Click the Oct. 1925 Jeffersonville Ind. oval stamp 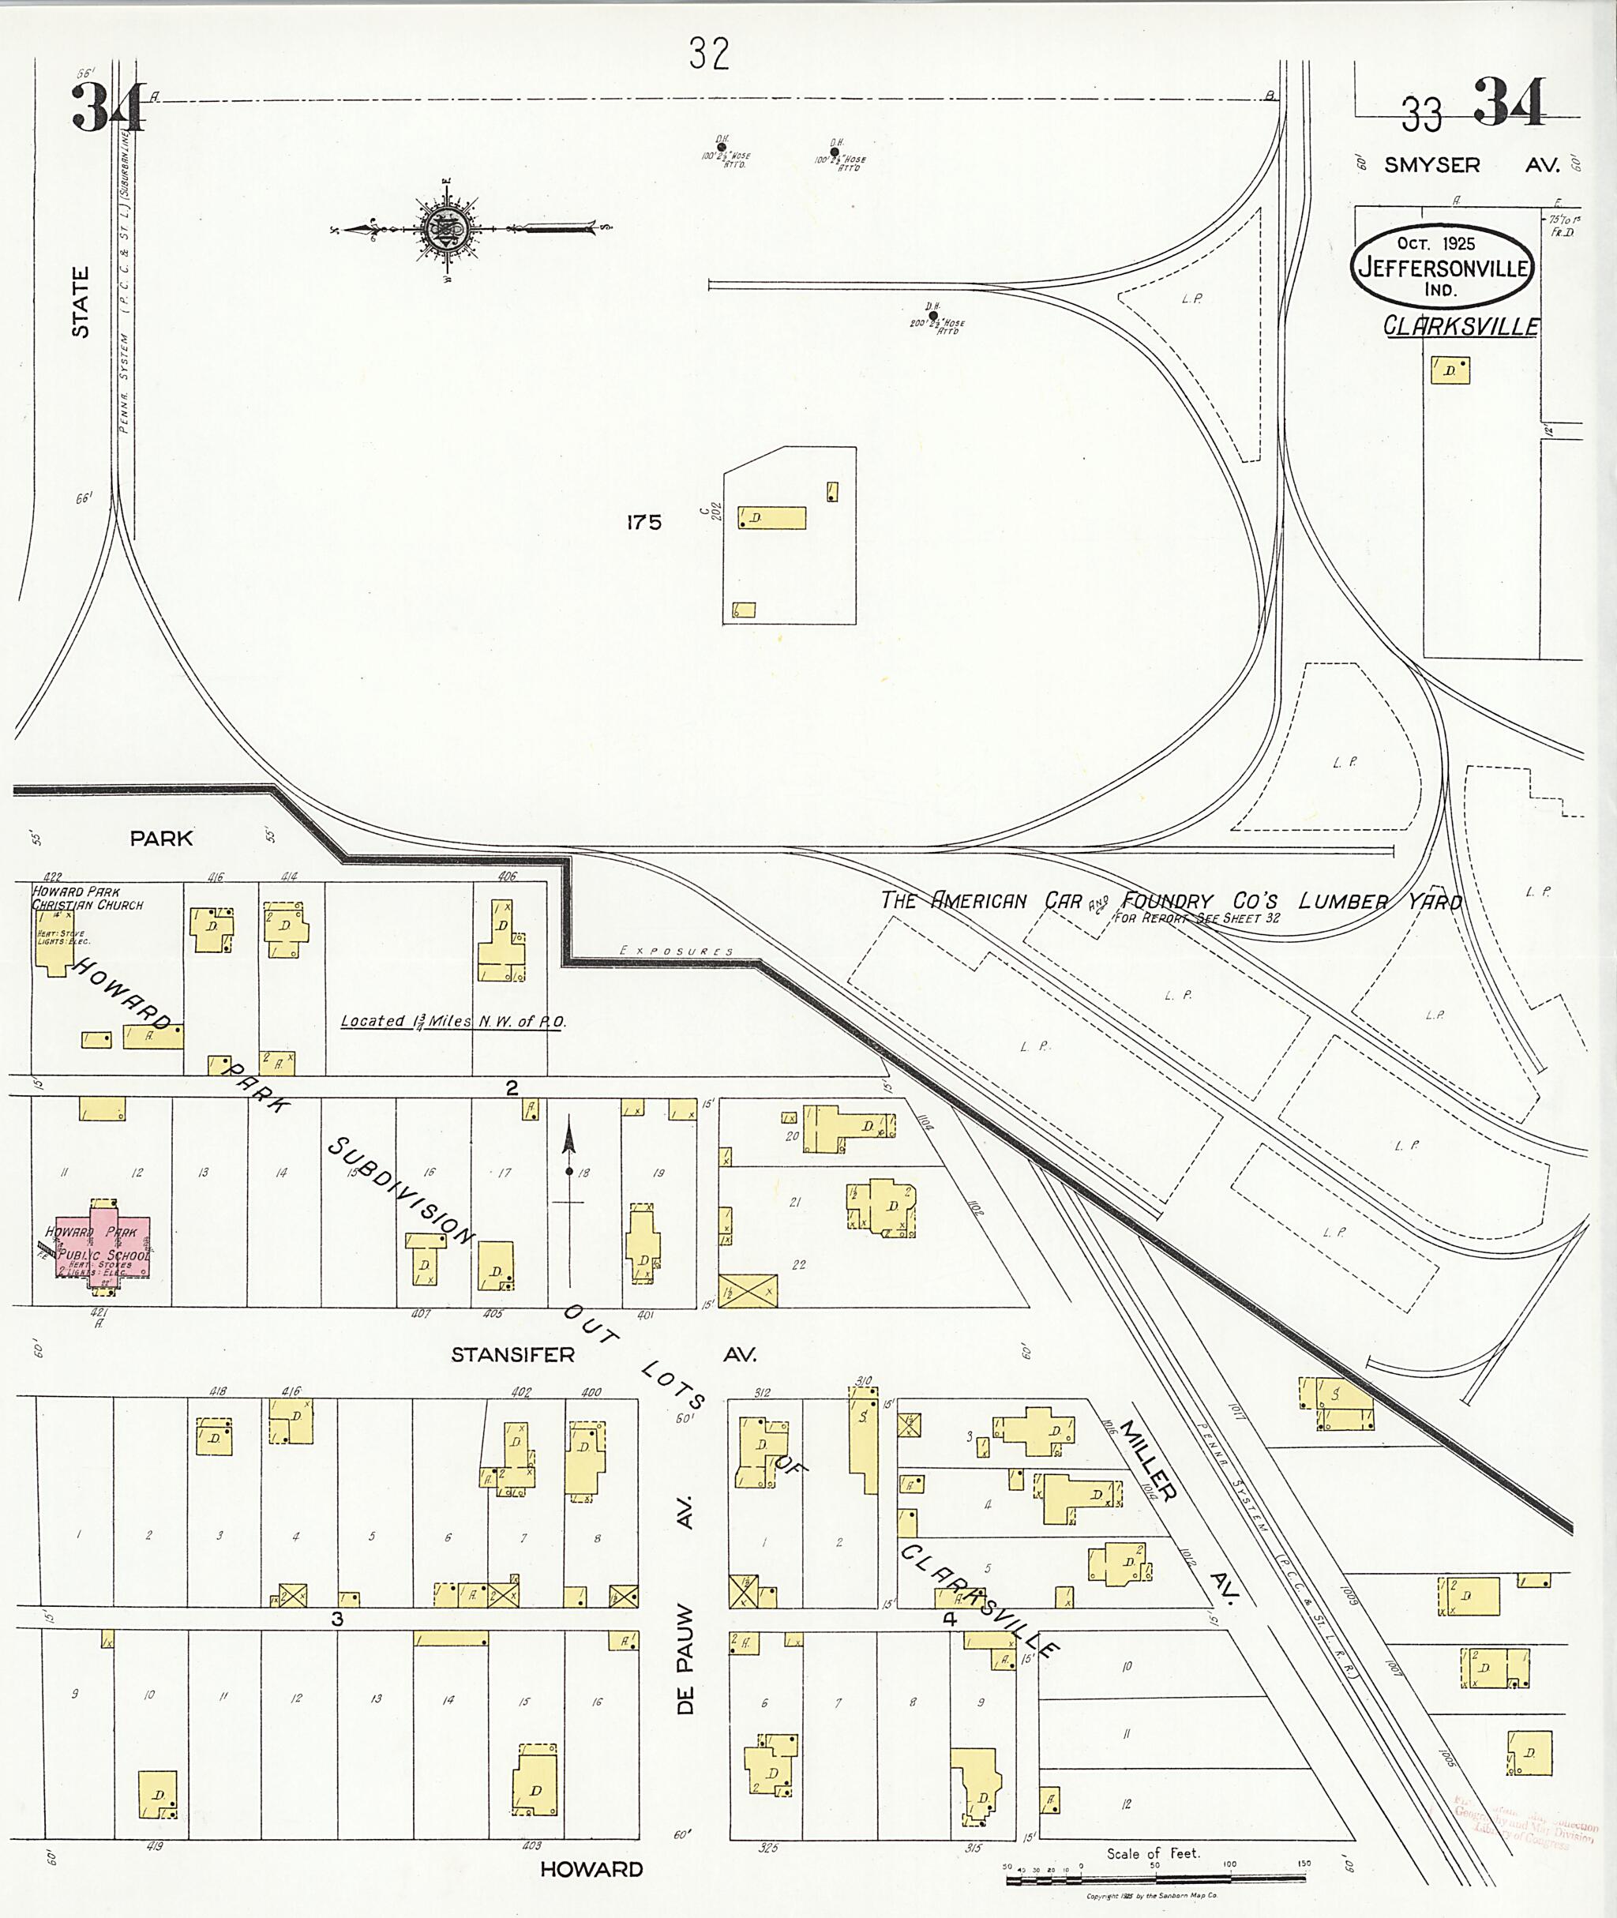(x=1441, y=266)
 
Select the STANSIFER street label (x=512, y=1354)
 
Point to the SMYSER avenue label (x=1431, y=165)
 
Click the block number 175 (x=643, y=522)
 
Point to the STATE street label (x=81, y=302)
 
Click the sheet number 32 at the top (x=710, y=55)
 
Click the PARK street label (x=161, y=838)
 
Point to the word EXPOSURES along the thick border (x=677, y=951)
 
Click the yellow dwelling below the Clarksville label (x=1450, y=370)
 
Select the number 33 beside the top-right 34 (x=1421, y=115)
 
